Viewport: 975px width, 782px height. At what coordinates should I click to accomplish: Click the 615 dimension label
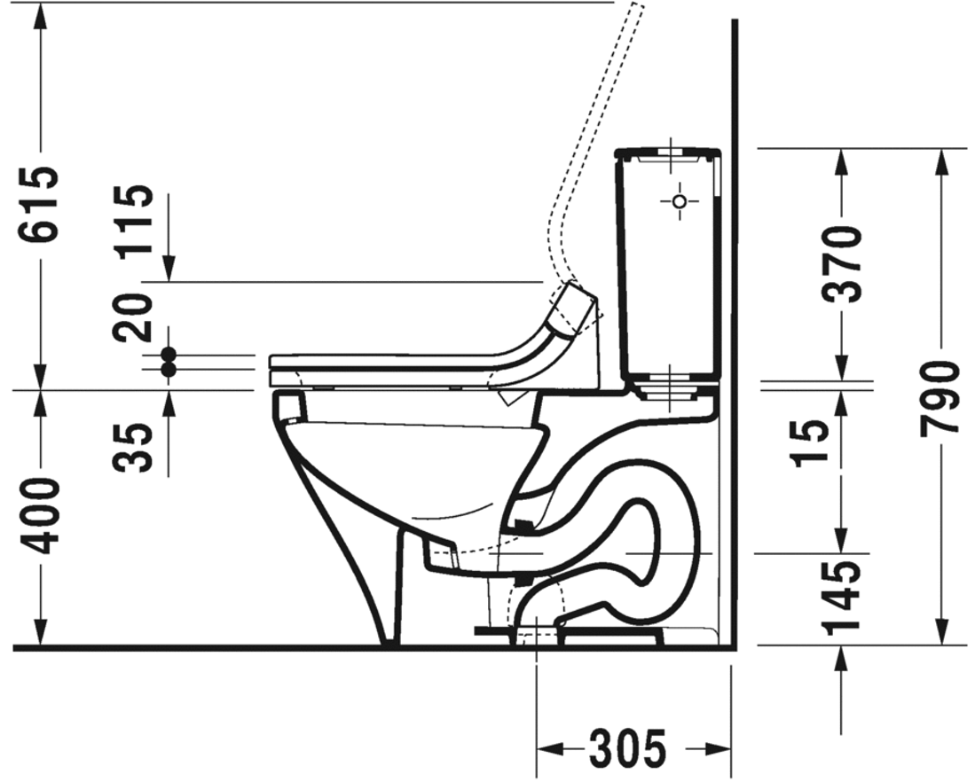40,203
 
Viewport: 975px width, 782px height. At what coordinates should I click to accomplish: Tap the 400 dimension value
40,516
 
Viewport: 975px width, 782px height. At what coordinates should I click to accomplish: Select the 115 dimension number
133,220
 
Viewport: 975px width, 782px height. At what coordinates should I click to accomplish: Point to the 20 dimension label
133,317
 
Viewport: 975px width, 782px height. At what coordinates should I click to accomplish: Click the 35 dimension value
133,448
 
